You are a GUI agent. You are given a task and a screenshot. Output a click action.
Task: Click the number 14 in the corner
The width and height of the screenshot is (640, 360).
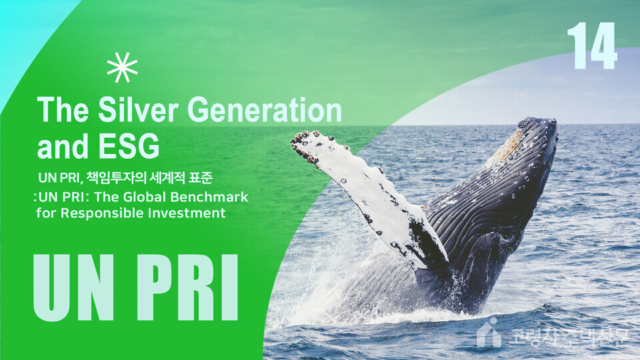pos(593,46)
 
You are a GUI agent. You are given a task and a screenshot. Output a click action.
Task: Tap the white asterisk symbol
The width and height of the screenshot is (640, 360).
pos(122,67)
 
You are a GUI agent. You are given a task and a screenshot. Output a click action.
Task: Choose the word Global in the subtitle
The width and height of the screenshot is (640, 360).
pos(136,197)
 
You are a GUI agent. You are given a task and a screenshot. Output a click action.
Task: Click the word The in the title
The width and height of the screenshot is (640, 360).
pos(61,110)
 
